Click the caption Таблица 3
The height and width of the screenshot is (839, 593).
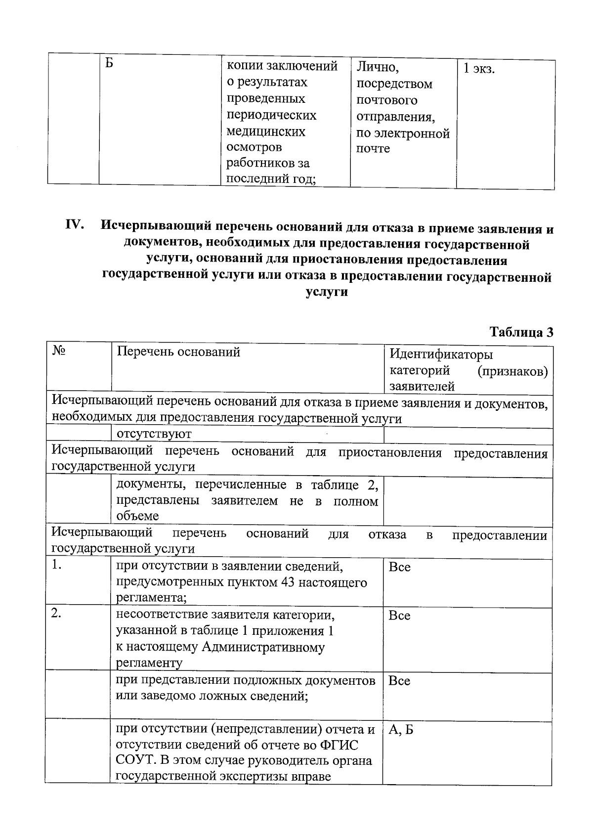coord(521,332)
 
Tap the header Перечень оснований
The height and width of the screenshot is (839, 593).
coord(178,352)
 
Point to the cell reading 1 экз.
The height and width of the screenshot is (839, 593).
coord(478,69)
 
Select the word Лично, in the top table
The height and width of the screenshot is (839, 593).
coord(378,67)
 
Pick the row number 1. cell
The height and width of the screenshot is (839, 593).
coord(57,566)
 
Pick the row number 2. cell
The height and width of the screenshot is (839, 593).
coord(57,614)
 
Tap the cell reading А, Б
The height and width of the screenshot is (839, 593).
coord(401,730)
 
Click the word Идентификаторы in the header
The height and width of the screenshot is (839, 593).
coord(441,354)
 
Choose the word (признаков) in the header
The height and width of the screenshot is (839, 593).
coord(512,371)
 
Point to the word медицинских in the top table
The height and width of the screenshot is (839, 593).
coord(266,132)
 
